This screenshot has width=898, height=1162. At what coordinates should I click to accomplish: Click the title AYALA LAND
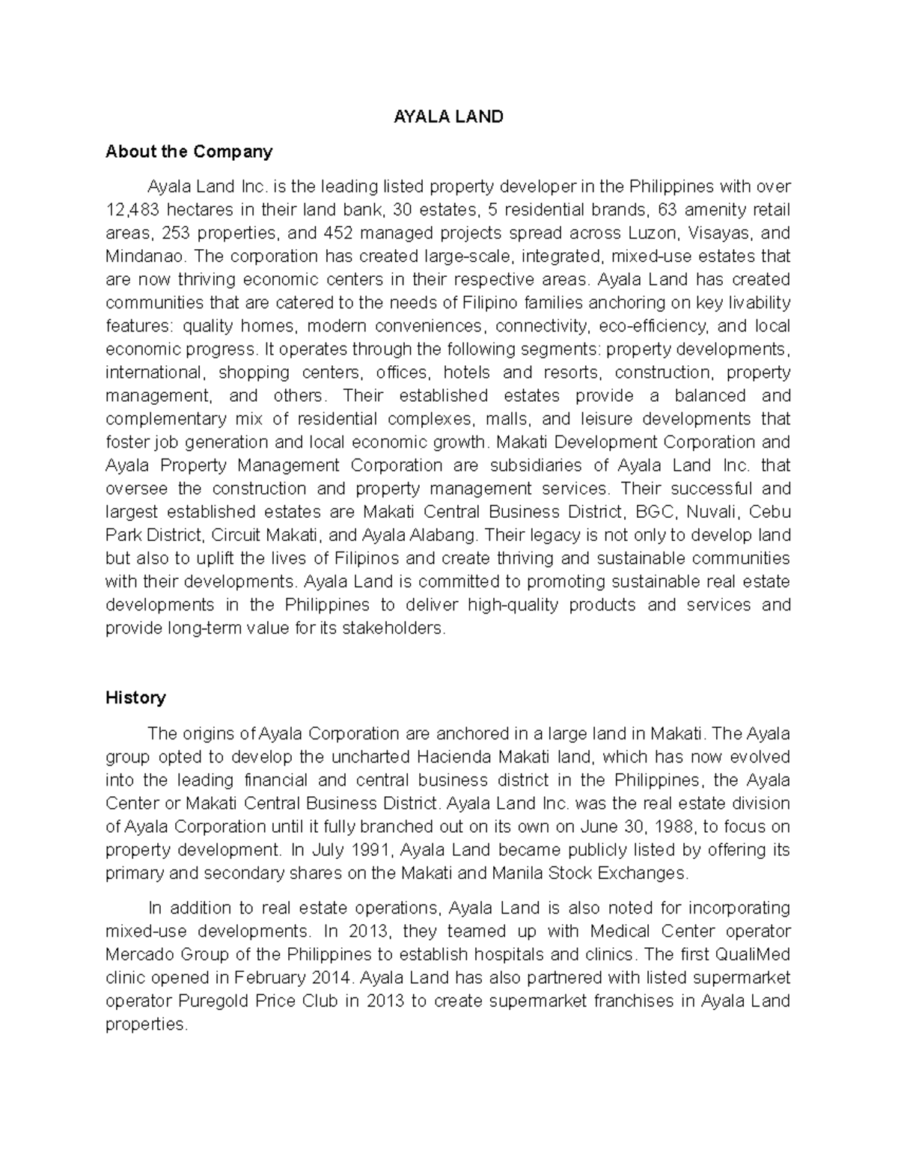(x=449, y=117)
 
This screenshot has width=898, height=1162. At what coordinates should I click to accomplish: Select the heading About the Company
(x=189, y=152)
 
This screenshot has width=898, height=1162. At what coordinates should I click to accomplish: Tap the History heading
(x=135, y=698)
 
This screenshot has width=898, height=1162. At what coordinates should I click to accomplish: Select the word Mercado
(x=140, y=955)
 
